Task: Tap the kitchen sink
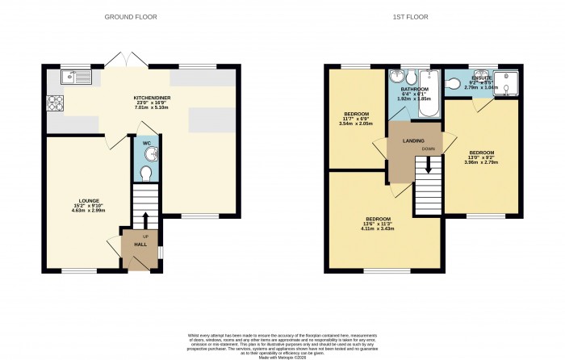click(x=78, y=77)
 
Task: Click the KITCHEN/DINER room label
click(x=152, y=98)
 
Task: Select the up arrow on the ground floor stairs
click(x=145, y=220)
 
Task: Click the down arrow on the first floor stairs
click(x=428, y=164)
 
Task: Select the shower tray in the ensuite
click(x=508, y=82)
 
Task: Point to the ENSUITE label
click(x=482, y=77)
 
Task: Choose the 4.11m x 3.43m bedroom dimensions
click(x=379, y=229)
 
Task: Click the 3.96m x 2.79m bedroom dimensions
click(x=483, y=162)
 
